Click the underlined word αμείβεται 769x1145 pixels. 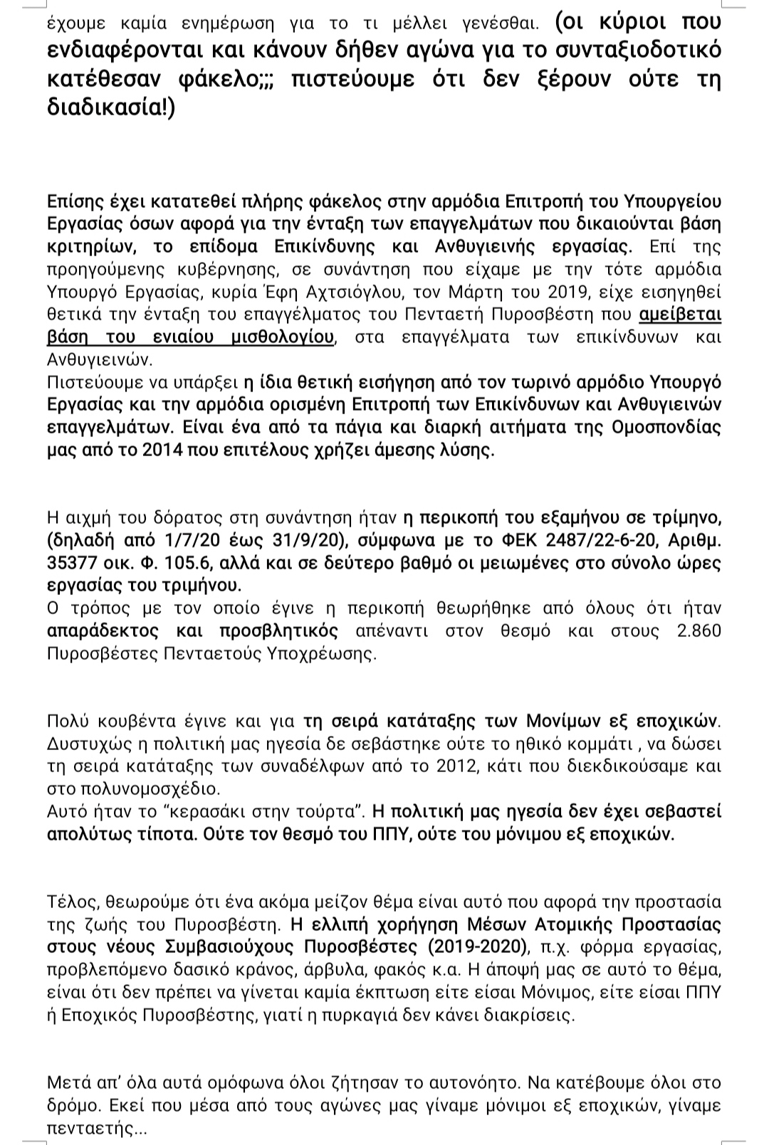(679, 314)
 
